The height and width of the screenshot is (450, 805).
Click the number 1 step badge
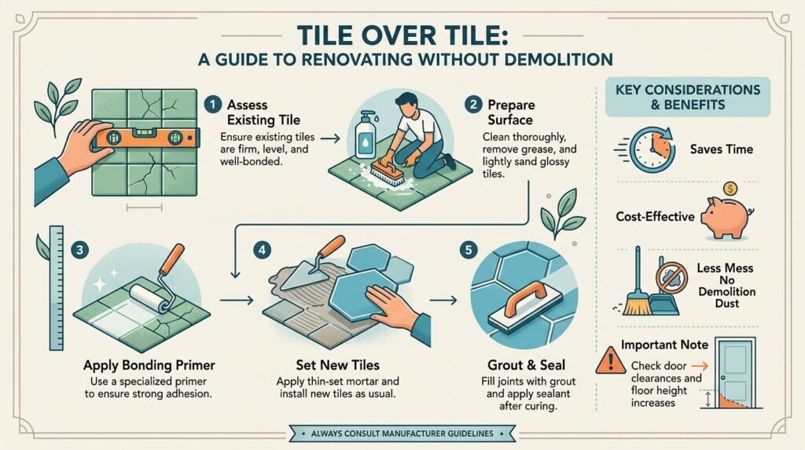212,105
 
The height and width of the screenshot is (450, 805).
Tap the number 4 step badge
262,250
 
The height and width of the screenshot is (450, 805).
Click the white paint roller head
149,298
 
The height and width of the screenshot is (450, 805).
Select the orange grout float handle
524,297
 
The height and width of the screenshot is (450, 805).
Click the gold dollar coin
730,189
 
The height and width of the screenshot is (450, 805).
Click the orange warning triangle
610,360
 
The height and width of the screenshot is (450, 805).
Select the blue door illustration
736,372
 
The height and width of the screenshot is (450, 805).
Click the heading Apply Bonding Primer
149,365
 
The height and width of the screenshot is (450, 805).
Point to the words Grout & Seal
526,365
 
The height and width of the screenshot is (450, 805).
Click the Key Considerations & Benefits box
687,97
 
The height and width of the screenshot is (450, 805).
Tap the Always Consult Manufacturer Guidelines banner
402,433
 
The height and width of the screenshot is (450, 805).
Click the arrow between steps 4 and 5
443,300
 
